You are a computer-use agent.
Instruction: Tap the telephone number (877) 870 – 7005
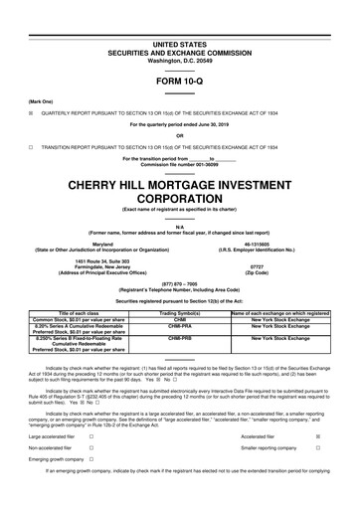tap(180, 281)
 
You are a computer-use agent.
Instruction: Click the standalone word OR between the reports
tap(180, 135)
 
